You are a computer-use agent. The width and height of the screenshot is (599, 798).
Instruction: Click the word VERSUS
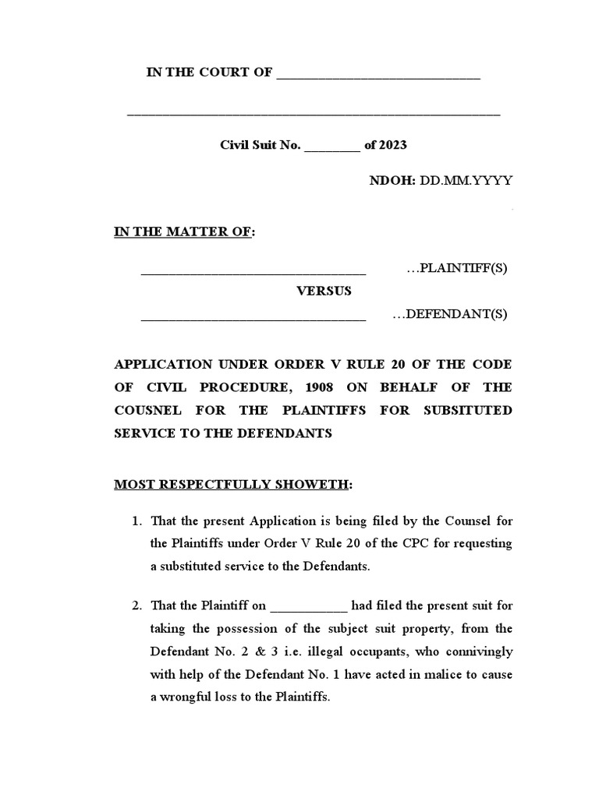tap(324, 291)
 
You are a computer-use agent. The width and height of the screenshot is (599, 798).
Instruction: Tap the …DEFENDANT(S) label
tap(449, 315)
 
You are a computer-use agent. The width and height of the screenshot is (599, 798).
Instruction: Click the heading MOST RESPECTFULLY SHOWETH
tap(232, 485)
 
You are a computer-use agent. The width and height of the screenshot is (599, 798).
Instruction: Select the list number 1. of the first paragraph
tap(137, 521)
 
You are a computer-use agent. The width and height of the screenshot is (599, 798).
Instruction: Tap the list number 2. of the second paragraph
tap(137, 606)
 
